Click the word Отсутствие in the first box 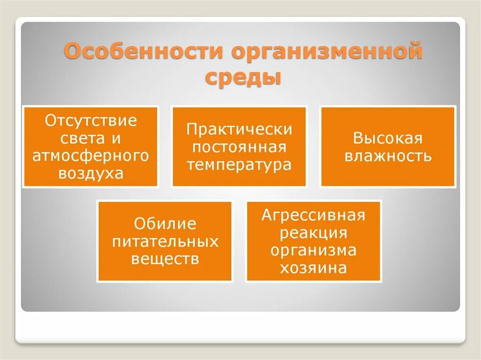91,121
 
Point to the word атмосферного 91,156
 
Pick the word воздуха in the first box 91,173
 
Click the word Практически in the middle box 239,130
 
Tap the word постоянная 239,147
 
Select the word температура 239,165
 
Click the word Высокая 388,138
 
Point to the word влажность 388,156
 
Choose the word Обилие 165,224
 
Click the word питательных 165,242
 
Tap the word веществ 165,259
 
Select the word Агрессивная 313,215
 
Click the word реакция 313,233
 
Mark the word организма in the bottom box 313,251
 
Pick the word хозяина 313,268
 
